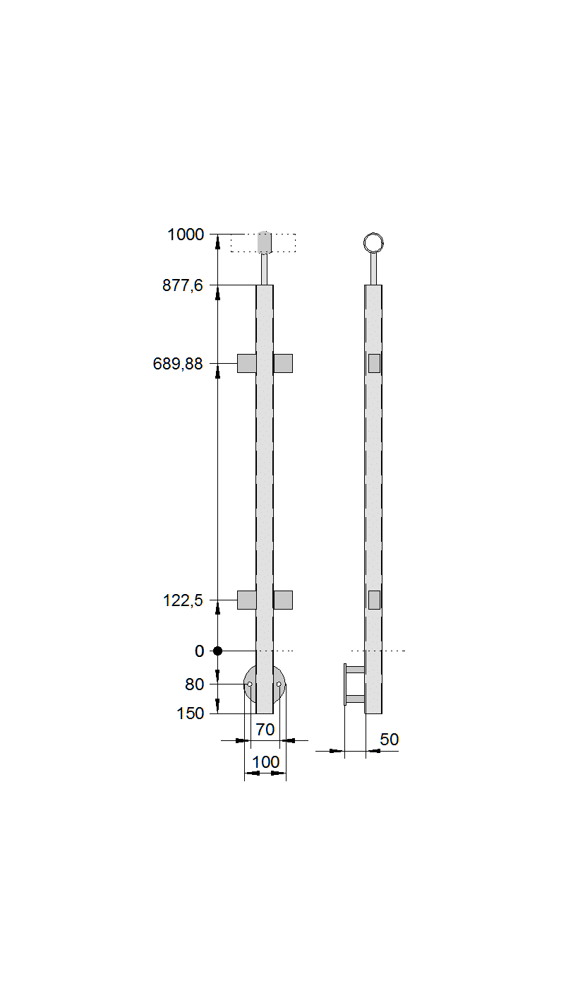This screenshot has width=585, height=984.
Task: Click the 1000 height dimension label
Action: (x=186, y=235)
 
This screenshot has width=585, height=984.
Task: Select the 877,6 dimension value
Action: (x=183, y=285)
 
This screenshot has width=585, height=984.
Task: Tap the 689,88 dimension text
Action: (x=178, y=364)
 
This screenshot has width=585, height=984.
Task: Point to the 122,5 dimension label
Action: (x=183, y=600)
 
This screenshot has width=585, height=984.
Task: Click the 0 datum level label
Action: (x=199, y=651)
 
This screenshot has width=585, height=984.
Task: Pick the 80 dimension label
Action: (x=195, y=684)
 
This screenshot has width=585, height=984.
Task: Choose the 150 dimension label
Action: (x=191, y=713)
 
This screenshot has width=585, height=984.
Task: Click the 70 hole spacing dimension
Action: (x=265, y=730)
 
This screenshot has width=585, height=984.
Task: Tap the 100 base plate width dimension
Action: (x=266, y=762)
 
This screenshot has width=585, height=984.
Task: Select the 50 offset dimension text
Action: (x=390, y=740)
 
